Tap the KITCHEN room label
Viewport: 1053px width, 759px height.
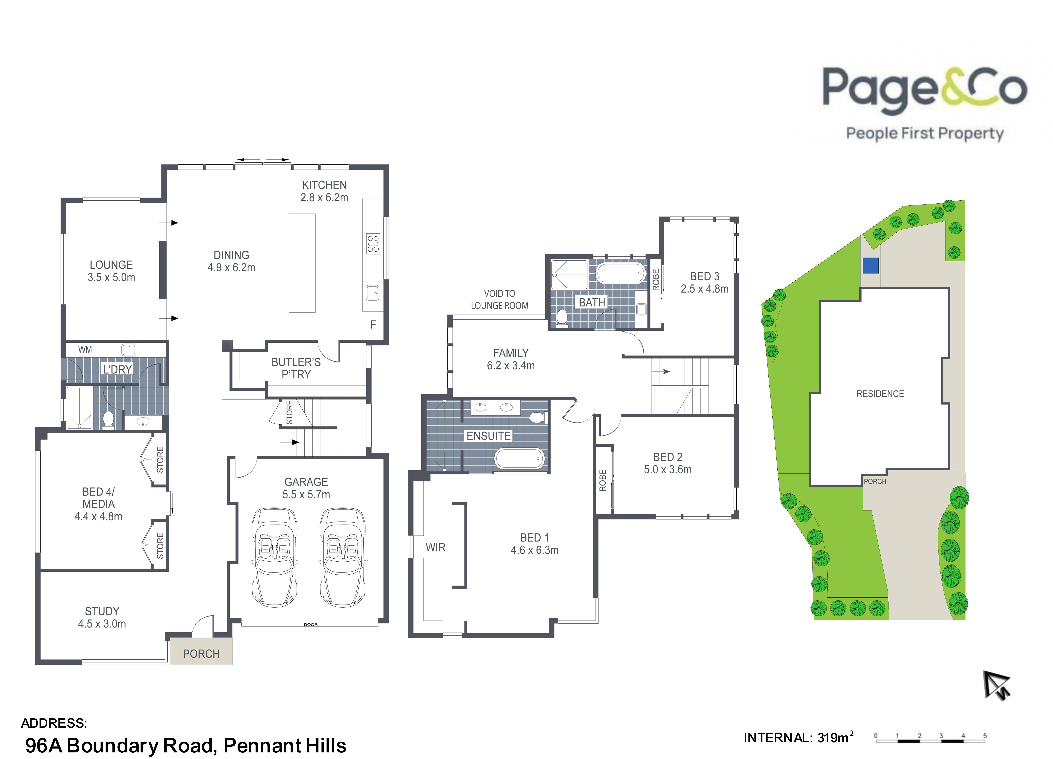[324, 185]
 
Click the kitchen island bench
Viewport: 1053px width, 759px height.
[302, 263]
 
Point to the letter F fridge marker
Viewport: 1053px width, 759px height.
[373, 325]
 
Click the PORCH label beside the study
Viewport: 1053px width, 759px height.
[201, 654]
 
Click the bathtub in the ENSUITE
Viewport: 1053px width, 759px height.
[519, 459]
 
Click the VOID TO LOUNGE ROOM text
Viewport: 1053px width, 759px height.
[500, 300]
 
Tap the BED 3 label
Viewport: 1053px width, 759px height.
[704, 276]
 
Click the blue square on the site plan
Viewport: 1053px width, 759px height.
[870, 265]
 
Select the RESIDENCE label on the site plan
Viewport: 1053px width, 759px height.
[880, 394]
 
